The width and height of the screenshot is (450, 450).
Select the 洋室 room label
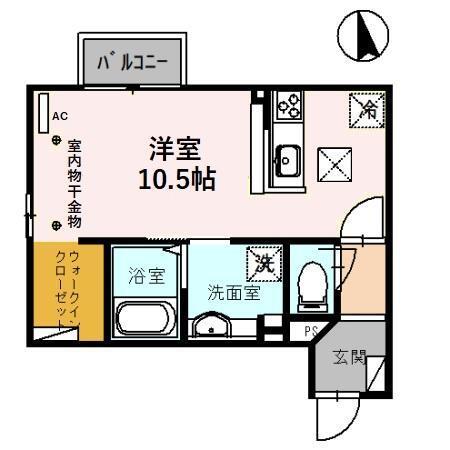pyautogui.click(x=176, y=151)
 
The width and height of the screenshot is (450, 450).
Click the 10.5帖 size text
pyautogui.click(x=178, y=180)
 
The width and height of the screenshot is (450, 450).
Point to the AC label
pyautogui.click(x=59, y=117)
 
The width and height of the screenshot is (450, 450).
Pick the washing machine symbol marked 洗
pyautogui.click(x=263, y=262)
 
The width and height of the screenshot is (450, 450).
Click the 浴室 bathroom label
pyautogui.click(x=145, y=276)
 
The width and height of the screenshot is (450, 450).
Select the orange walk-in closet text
pyautogui.click(x=56, y=290)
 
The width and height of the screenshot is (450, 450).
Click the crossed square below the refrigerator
pyautogui.click(x=333, y=161)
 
